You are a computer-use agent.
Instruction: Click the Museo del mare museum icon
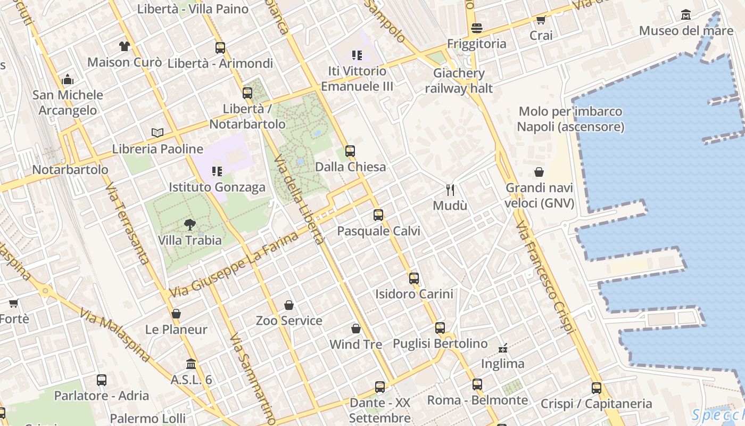[686, 14]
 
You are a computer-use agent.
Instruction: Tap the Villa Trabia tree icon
[189, 225]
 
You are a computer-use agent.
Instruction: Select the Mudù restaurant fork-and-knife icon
[450, 190]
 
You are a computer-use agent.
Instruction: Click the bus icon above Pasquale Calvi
[378, 215]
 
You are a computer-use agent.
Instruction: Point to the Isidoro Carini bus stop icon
[414, 278]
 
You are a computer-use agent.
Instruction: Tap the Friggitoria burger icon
[477, 28]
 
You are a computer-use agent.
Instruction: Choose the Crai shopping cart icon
[541, 20]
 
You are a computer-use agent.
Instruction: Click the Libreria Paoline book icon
[158, 133]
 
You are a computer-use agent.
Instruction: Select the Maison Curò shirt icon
[125, 46]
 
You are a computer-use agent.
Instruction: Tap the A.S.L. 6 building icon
[191, 364]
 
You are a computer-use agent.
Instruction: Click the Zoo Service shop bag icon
[289, 305]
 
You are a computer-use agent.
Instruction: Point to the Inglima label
[503, 364]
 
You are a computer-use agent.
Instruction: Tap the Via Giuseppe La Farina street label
[234, 264]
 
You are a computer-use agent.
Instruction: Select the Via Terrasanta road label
[127, 224]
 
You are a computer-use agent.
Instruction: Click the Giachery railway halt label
[459, 80]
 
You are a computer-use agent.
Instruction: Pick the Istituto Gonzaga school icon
[217, 171]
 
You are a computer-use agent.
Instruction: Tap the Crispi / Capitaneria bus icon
[597, 388]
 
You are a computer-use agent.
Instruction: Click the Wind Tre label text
[356, 345]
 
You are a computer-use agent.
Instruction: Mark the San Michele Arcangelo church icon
[68, 79]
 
